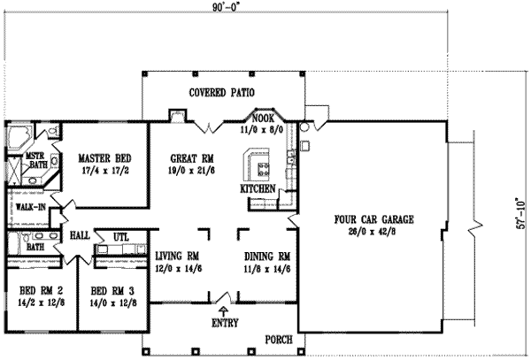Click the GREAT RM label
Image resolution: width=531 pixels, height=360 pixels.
pos(192,159)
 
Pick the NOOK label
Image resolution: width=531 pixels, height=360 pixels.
pos(264,118)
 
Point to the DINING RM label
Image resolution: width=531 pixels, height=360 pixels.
pos(267,257)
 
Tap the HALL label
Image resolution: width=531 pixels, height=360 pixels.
pos(80,236)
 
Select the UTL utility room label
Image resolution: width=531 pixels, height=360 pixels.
pos(120,236)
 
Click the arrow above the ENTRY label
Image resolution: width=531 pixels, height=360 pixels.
pos(221,310)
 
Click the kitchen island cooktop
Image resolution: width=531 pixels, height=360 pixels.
pos(262,165)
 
